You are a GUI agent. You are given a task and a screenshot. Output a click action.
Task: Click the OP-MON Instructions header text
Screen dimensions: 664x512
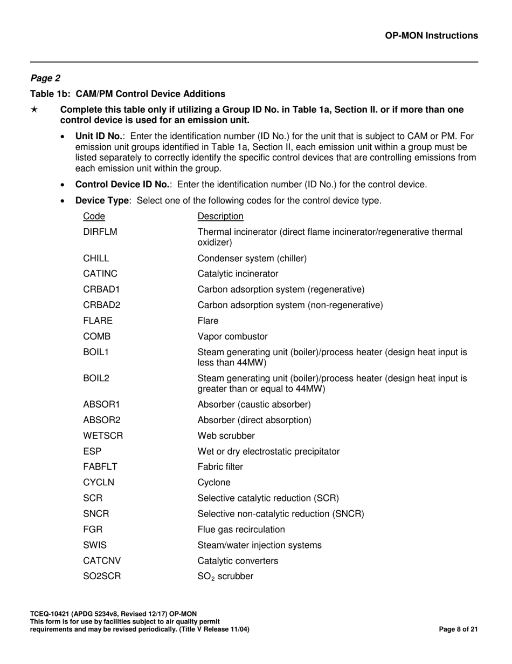[x=431, y=36]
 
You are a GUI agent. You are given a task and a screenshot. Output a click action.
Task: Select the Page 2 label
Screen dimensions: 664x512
[x=45, y=78]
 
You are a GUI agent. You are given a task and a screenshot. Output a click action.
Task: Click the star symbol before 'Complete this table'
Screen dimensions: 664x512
[x=34, y=110]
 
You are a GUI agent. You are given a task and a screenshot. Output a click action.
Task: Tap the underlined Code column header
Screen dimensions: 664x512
[x=94, y=216]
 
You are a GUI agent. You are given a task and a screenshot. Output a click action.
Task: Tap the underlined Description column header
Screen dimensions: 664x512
[x=220, y=216]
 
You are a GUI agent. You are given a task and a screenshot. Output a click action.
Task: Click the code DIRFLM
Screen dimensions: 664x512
[x=100, y=232]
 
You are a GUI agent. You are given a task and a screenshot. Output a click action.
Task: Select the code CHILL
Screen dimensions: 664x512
[x=96, y=259]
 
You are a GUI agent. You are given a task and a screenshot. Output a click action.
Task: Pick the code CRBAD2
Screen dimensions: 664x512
[x=102, y=306]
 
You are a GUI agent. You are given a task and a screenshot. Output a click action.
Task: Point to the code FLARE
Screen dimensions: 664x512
[x=98, y=321]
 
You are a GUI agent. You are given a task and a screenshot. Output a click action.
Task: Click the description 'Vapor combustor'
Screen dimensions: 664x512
[x=232, y=337]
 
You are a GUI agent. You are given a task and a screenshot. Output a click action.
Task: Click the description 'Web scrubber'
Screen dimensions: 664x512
[x=226, y=436]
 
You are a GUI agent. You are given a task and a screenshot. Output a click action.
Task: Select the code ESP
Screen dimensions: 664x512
[x=92, y=451]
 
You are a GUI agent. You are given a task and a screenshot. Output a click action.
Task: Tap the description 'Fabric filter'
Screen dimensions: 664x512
[x=220, y=467]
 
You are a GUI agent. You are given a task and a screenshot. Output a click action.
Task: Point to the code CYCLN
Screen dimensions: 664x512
[x=99, y=483]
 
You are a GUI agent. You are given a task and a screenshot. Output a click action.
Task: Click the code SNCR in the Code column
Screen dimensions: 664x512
[x=96, y=514]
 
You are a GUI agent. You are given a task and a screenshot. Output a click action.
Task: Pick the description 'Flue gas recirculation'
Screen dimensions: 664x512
[x=241, y=530]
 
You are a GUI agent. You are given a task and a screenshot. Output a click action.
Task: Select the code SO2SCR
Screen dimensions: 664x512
[x=102, y=577]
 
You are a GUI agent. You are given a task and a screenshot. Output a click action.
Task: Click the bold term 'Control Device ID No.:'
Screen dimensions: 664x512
[x=123, y=185]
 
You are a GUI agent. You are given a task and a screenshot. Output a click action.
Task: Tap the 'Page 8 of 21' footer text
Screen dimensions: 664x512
[x=458, y=629]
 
